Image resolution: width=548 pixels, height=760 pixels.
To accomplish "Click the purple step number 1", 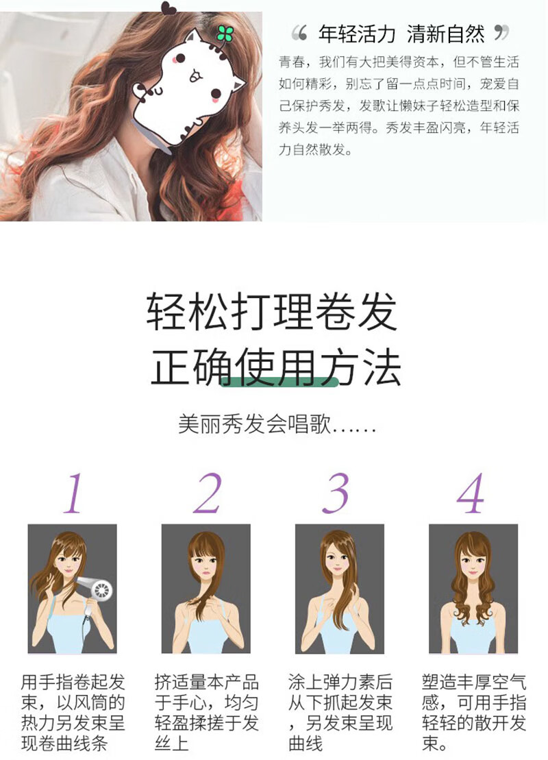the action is [74, 493].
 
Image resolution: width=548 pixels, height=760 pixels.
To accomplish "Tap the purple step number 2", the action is [208, 493].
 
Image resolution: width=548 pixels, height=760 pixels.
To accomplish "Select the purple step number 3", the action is [335, 493].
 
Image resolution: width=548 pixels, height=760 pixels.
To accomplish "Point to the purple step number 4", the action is [470, 493].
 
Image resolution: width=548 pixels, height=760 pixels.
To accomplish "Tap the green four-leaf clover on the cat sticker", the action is [225, 33].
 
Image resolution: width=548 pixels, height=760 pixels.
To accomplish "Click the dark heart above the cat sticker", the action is [168, 8].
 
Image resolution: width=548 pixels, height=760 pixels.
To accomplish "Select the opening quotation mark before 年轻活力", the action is [299, 32].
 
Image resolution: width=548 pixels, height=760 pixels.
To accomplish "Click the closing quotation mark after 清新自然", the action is [501, 32].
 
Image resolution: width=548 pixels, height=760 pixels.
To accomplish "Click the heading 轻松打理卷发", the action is [272, 310].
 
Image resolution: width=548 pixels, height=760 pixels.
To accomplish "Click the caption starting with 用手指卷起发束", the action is [73, 713].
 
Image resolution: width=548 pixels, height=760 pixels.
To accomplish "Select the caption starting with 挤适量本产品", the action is [207, 713].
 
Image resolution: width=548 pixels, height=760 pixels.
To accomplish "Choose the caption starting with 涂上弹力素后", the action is [340, 713].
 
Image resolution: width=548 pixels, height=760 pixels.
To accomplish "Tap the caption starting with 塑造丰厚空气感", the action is [474, 713].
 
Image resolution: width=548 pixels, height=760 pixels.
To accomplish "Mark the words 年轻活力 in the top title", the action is [357, 34].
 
